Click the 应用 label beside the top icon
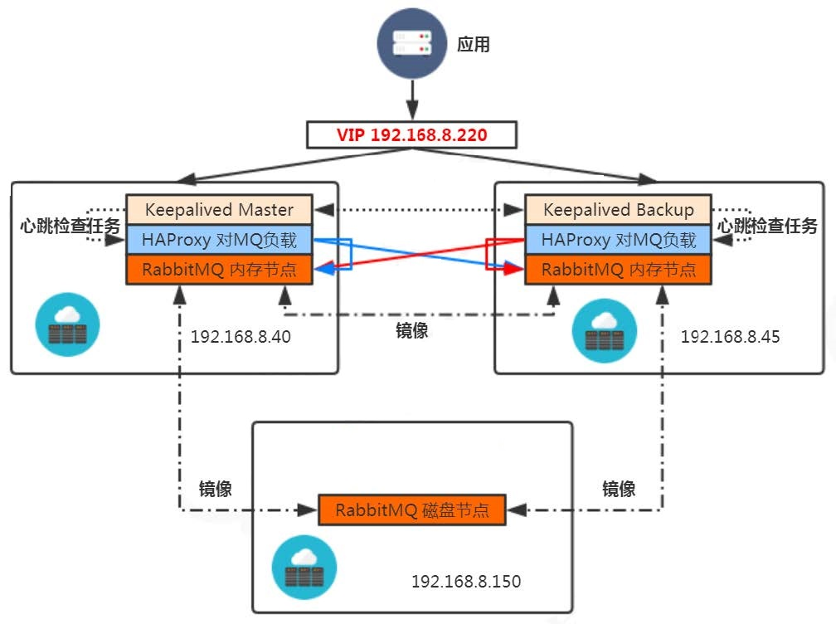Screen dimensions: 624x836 (x=474, y=45)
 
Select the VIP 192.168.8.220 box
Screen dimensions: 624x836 (x=411, y=134)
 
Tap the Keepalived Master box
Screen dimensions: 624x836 (x=219, y=209)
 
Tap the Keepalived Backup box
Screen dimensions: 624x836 (x=618, y=209)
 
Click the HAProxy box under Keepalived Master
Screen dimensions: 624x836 (x=219, y=240)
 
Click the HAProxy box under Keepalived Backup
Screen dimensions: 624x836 (x=618, y=240)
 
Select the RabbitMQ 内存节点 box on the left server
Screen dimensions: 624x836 (x=219, y=270)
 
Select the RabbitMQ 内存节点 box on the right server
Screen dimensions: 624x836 (x=618, y=270)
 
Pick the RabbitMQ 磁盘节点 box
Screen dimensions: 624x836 (x=411, y=509)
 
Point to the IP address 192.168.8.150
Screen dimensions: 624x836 (x=466, y=581)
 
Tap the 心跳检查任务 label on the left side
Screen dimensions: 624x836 (x=70, y=226)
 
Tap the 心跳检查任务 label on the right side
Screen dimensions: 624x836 (x=767, y=226)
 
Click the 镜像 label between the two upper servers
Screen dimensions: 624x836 (x=412, y=330)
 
